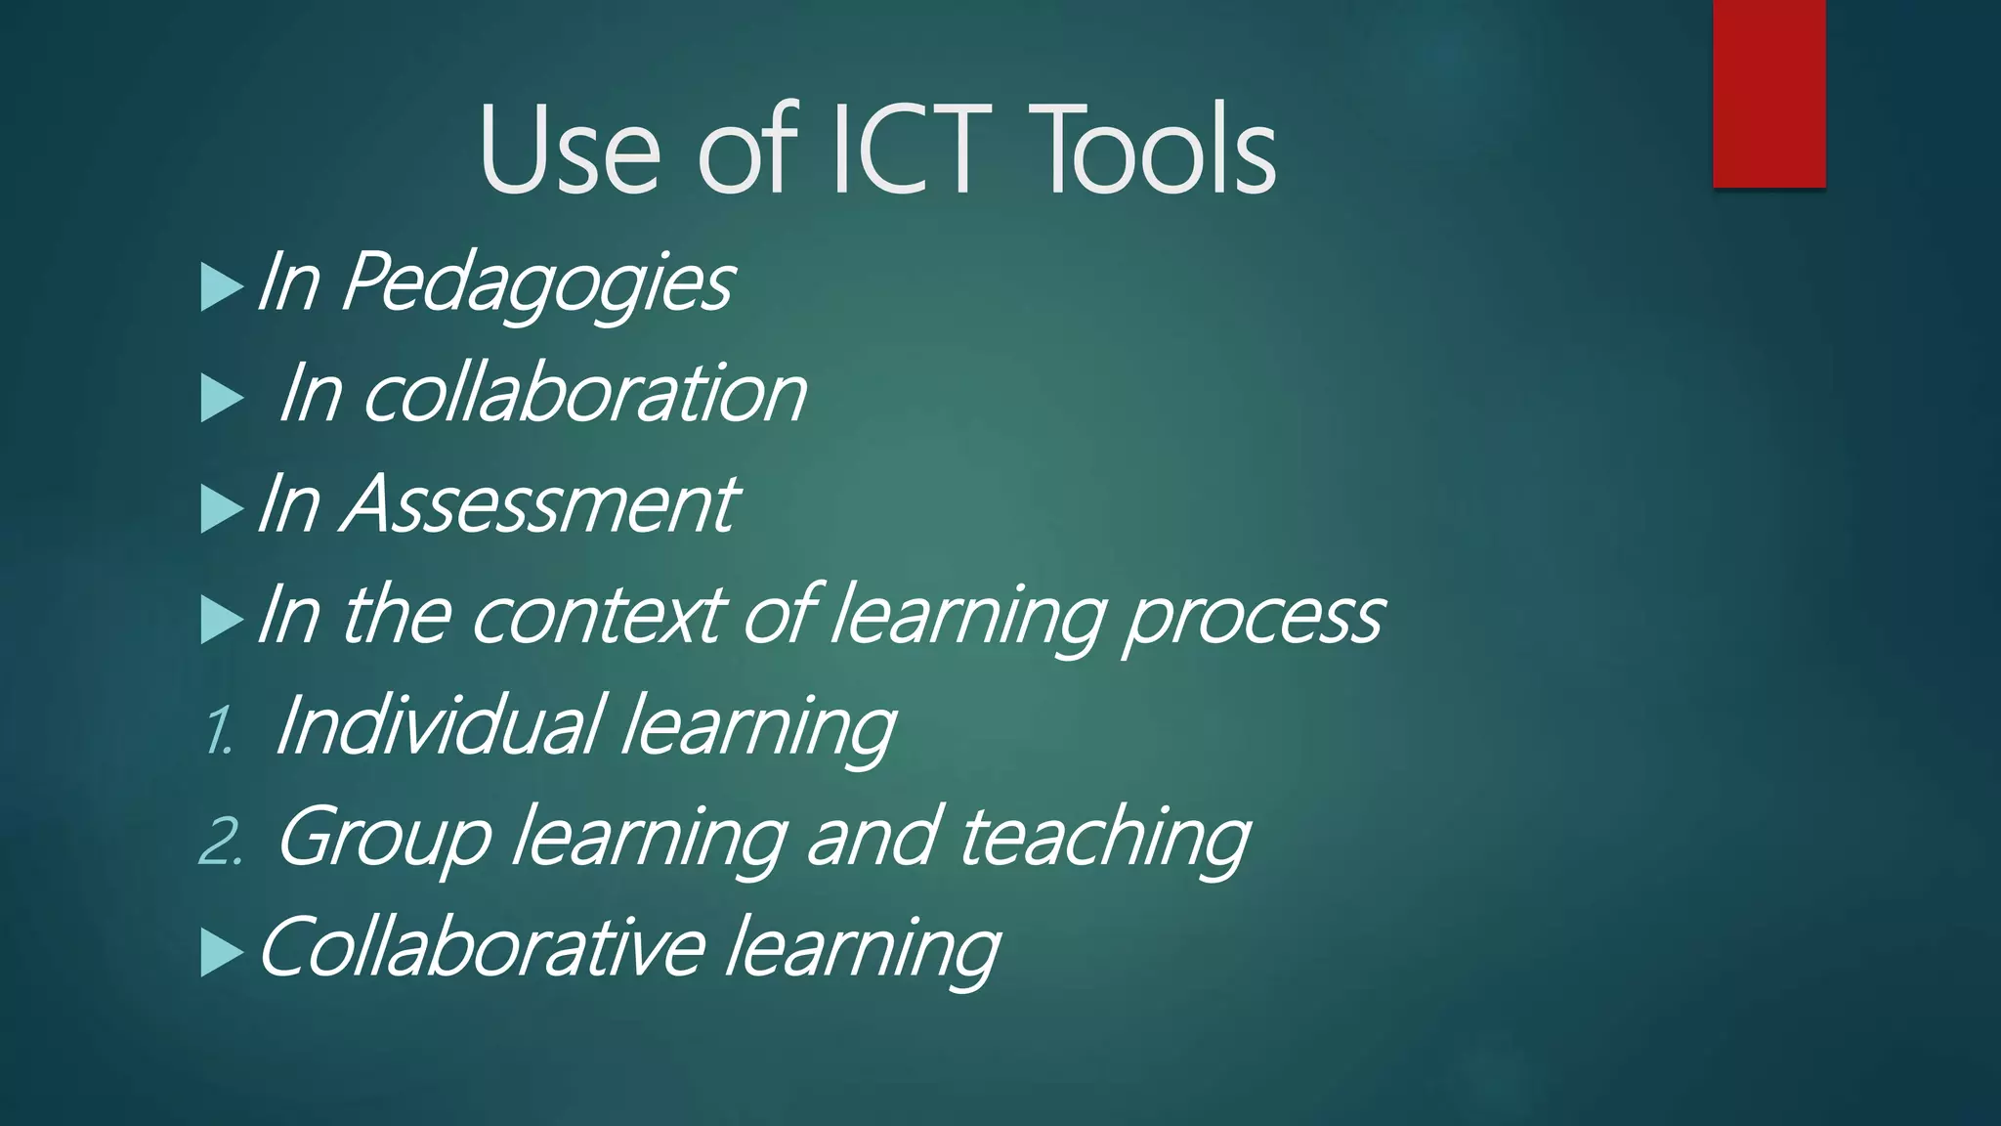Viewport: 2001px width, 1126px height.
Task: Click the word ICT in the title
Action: (x=911, y=152)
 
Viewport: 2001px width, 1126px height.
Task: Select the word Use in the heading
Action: (x=569, y=152)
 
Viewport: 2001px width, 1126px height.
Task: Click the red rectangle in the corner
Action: (x=1768, y=94)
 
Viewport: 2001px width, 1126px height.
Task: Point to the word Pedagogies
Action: (x=537, y=283)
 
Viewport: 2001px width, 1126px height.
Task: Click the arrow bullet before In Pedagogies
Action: (x=221, y=286)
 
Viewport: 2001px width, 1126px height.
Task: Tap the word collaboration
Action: (x=584, y=394)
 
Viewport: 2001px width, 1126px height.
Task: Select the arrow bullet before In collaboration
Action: (x=221, y=398)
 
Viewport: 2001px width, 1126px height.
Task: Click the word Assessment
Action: (x=538, y=504)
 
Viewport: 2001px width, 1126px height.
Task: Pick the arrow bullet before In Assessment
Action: (x=221, y=508)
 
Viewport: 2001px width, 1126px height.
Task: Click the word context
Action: (x=598, y=616)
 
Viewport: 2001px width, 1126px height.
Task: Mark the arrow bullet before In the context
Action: (x=221, y=620)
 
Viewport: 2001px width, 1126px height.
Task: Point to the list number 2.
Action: (x=220, y=842)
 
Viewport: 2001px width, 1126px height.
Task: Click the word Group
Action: (x=384, y=838)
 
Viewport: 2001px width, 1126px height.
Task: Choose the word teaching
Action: (x=1104, y=838)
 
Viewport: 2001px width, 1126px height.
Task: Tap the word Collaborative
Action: (x=481, y=947)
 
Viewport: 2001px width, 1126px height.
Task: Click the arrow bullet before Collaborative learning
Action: (x=221, y=952)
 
